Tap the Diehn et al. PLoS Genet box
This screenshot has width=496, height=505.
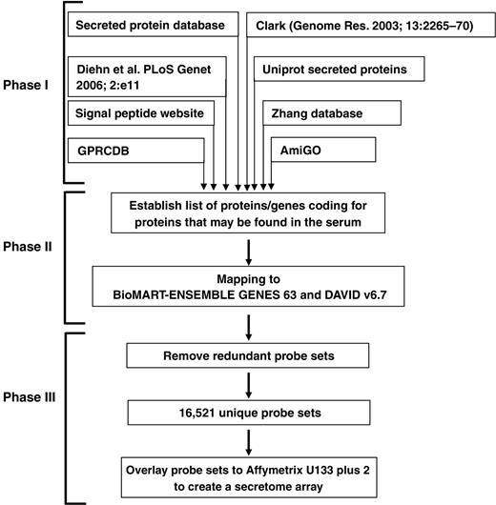point(146,78)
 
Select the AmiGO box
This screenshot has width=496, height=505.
point(300,151)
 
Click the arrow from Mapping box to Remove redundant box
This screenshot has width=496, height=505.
point(247,320)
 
